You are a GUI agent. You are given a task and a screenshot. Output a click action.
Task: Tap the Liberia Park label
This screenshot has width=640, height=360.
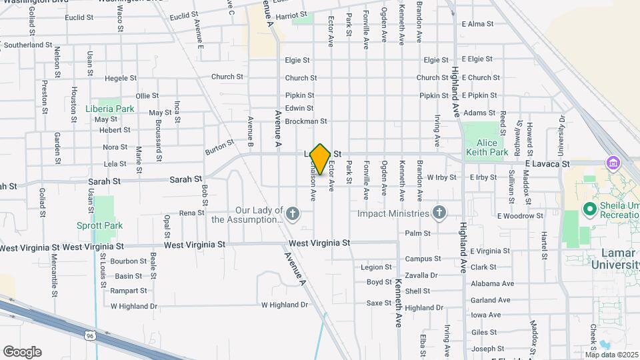(110, 109)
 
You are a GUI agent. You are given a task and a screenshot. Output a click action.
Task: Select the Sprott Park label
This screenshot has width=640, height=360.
(99, 225)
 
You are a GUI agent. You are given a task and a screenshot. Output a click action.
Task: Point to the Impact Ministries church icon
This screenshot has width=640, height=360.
(438, 213)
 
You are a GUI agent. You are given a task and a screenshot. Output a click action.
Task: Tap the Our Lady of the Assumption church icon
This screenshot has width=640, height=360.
(293, 214)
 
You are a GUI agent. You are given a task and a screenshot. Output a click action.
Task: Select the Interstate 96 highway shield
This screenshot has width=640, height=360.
(90, 336)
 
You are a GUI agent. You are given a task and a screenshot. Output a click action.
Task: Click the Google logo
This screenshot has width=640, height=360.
(22, 351)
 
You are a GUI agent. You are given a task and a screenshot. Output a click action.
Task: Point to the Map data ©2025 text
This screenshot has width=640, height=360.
(611, 354)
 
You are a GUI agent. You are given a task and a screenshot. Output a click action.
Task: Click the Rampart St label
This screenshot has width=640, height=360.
(129, 291)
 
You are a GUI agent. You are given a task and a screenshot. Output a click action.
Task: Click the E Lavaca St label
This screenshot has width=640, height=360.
(547, 163)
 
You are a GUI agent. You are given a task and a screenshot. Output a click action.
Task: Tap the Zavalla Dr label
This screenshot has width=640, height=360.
(421, 275)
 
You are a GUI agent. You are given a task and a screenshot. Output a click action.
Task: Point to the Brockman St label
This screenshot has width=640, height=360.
(305, 121)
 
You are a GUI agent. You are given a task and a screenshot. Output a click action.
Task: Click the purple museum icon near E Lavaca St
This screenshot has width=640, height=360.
(612, 163)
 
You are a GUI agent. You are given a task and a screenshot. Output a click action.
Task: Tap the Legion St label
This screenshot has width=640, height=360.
(376, 267)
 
